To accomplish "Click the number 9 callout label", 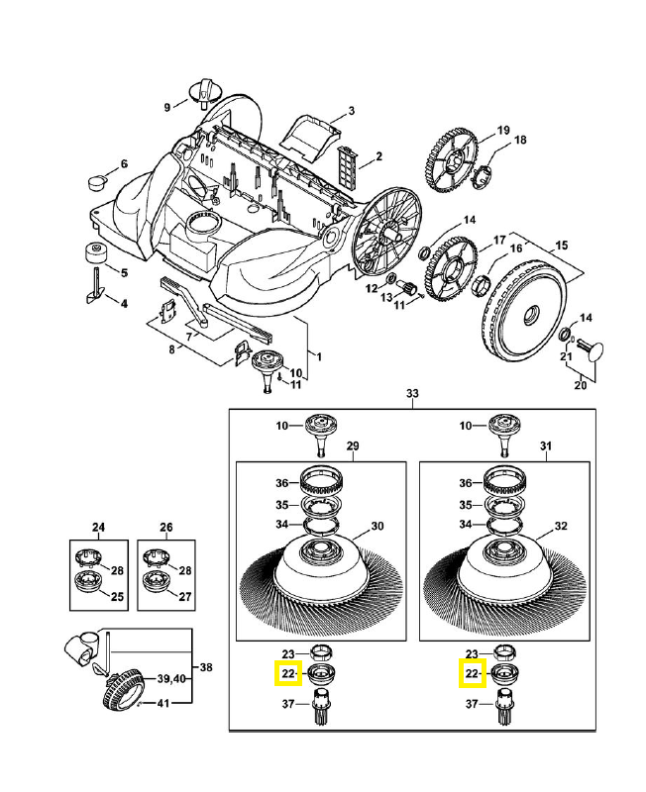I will (168, 107).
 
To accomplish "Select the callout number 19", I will (502, 130).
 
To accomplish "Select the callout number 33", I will (412, 394).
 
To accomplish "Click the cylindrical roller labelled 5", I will (96, 252).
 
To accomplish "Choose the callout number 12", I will (373, 289).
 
